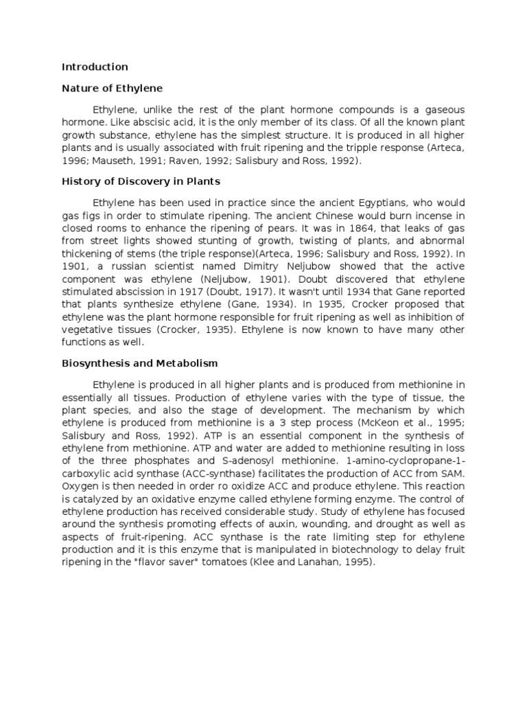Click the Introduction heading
coord(95,67)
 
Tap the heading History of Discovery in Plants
coord(141,181)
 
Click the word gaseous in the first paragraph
coord(443,110)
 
